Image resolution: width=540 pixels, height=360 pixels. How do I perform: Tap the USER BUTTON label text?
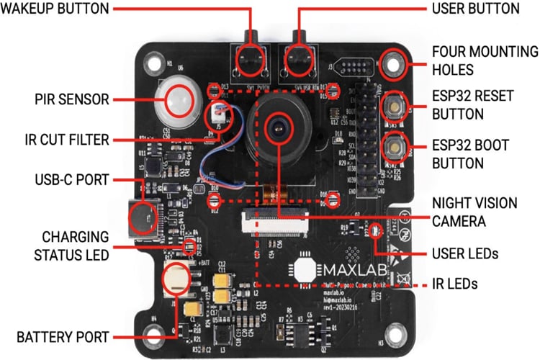(x=475, y=9)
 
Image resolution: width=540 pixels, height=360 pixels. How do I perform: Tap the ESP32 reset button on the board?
(x=393, y=106)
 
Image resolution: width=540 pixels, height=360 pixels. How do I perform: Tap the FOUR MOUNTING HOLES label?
(x=484, y=61)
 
